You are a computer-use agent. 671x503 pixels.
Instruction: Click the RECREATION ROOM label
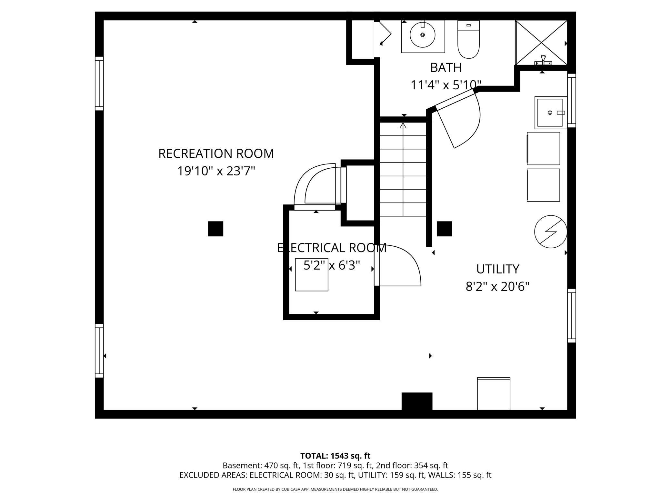[x=216, y=153]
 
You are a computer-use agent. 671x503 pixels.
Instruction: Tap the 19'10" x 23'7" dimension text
[x=216, y=171]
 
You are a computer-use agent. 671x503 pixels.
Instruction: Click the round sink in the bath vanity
[x=422, y=35]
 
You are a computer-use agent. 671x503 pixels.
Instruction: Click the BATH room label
[x=446, y=67]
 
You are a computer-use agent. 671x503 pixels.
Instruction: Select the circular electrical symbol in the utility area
[x=550, y=232]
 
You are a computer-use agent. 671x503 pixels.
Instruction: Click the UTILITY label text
[x=497, y=269]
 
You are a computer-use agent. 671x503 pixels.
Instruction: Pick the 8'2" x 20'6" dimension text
[x=497, y=286]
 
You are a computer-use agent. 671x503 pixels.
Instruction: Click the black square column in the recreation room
[x=215, y=229]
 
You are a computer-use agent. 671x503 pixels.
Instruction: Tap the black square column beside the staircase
[x=444, y=229]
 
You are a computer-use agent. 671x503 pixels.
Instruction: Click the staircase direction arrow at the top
[x=403, y=126]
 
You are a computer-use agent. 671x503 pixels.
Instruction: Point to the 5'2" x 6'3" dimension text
[x=332, y=265]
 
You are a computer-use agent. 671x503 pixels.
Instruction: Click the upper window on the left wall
[x=99, y=84]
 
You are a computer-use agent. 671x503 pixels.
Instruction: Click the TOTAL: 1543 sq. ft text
[x=335, y=456]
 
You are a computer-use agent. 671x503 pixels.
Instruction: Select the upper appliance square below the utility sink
[x=543, y=149]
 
